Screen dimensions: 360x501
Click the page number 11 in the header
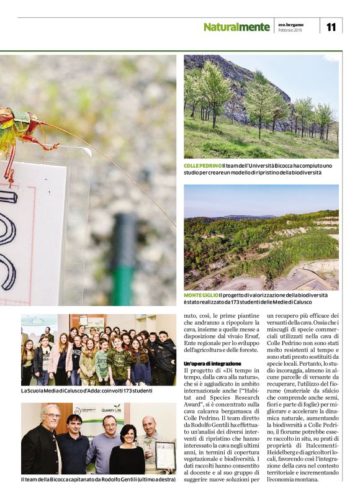pyautogui.click(x=330, y=27)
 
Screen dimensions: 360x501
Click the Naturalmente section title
pyautogui.click(x=236, y=27)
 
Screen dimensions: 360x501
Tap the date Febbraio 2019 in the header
pyautogui.click(x=290, y=30)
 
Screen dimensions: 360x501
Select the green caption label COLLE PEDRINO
pyautogui.click(x=202, y=166)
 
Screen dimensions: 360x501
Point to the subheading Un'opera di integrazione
pyautogui.click(x=212, y=363)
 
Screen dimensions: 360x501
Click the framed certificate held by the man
pyautogui.click(x=165, y=455)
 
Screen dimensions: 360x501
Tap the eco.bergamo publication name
pyautogui.click(x=290, y=24)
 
